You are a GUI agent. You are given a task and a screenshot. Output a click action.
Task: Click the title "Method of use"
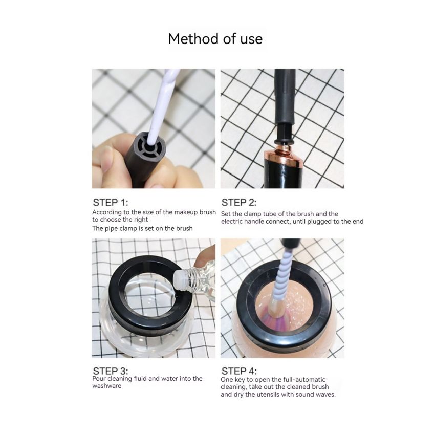pyautogui.click(x=215, y=39)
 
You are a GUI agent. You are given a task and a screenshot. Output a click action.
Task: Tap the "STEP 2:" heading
pyautogui.click(x=239, y=202)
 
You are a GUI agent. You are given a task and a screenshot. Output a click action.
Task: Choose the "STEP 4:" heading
pyautogui.click(x=239, y=370)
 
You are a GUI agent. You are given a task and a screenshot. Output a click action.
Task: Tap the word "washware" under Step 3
pyautogui.click(x=106, y=386)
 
